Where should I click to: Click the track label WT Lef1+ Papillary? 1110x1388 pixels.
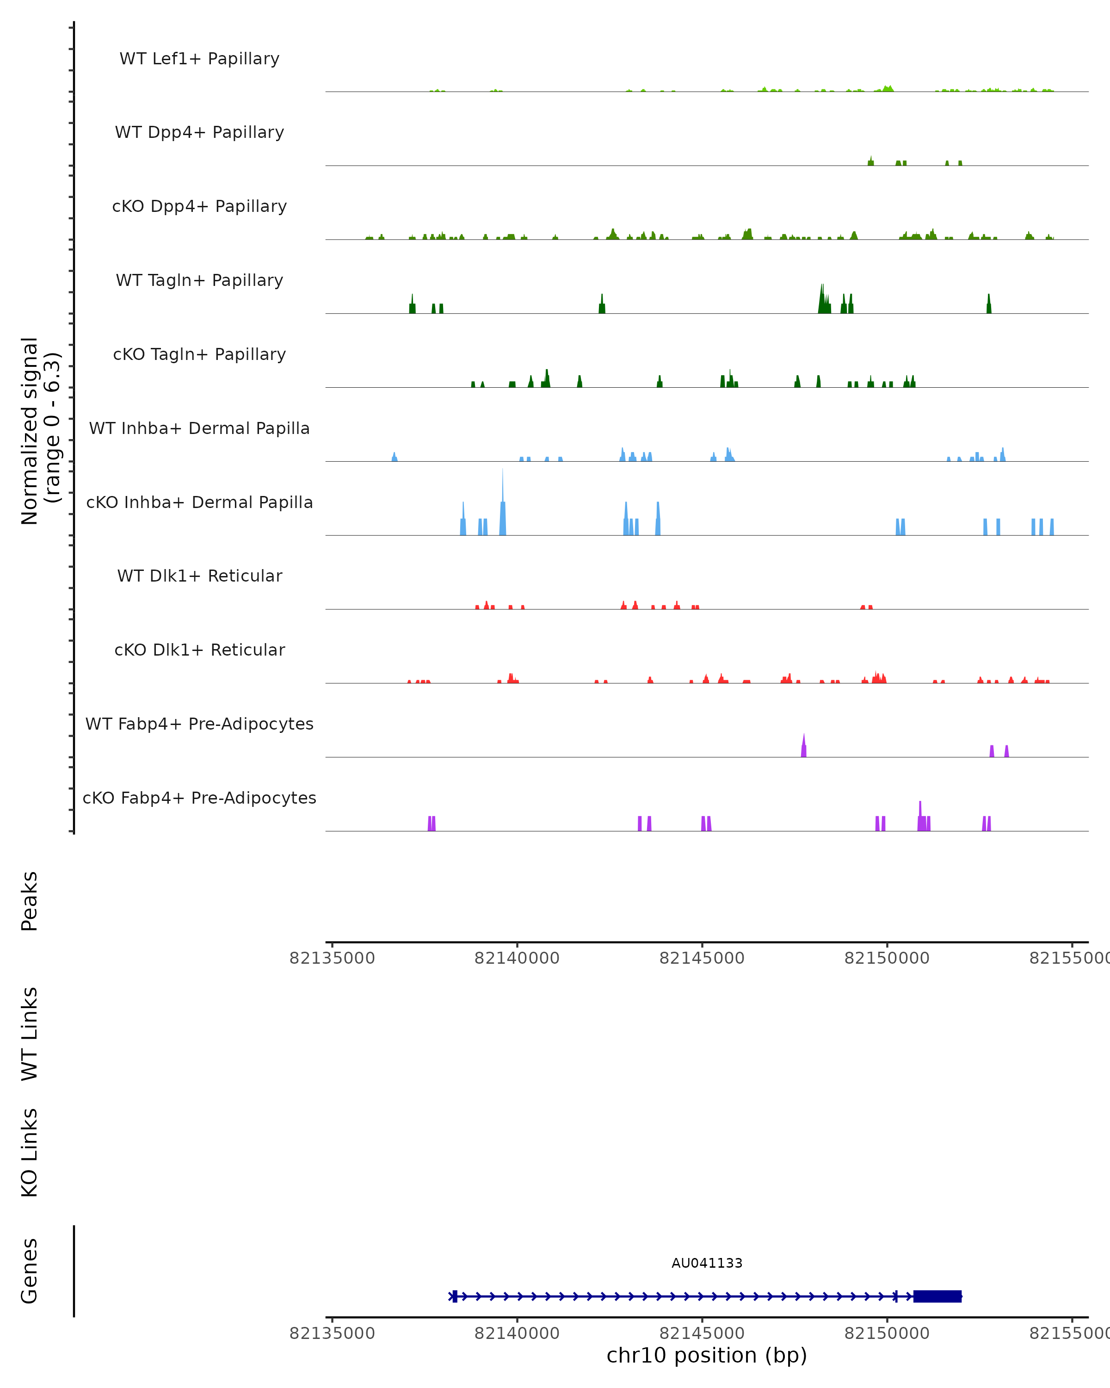(199, 59)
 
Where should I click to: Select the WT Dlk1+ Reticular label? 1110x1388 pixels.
(199, 576)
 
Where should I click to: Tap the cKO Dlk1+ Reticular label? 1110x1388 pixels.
(199, 650)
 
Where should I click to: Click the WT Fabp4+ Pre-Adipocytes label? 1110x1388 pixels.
(199, 724)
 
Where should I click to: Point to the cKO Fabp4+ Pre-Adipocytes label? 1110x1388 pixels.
(199, 798)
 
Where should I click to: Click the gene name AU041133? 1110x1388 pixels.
(707, 1263)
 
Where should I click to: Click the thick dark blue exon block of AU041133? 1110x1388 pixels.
(937, 1296)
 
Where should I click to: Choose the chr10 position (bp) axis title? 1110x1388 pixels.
(707, 1355)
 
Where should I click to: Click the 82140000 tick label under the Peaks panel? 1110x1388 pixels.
(517, 958)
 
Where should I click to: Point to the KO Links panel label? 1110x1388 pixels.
(30, 1153)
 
